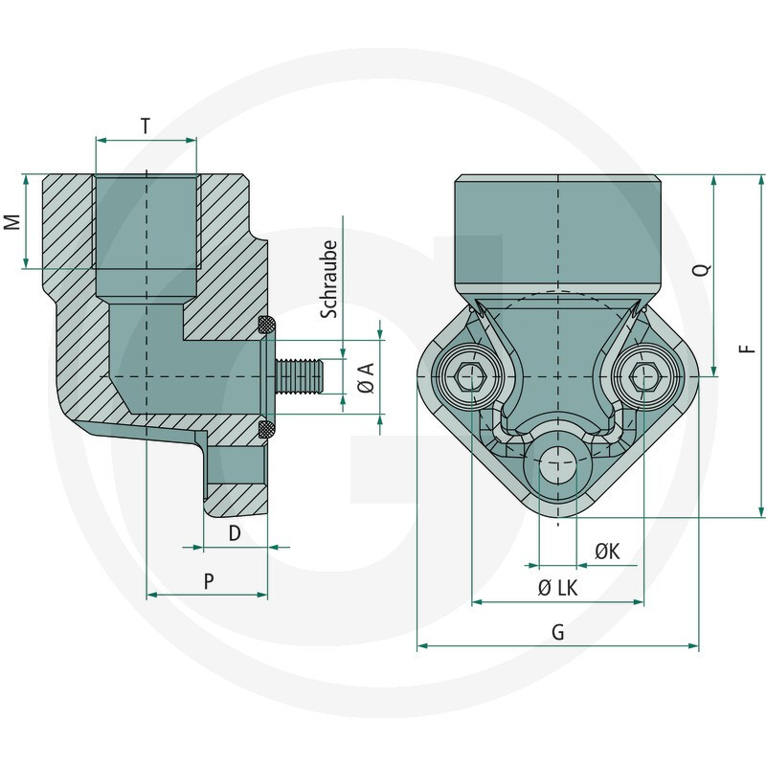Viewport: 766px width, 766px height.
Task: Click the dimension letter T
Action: pyautogui.click(x=145, y=125)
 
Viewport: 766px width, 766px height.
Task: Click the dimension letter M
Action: pyautogui.click(x=11, y=222)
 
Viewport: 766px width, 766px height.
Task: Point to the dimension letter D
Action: pyautogui.click(x=235, y=533)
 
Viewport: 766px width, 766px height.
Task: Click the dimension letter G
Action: pyautogui.click(x=558, y=633)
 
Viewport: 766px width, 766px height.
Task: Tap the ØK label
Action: pyautogui.click(x=607, y=552)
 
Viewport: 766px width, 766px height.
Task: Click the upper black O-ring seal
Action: pyautogui.click(x=267, y=326)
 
